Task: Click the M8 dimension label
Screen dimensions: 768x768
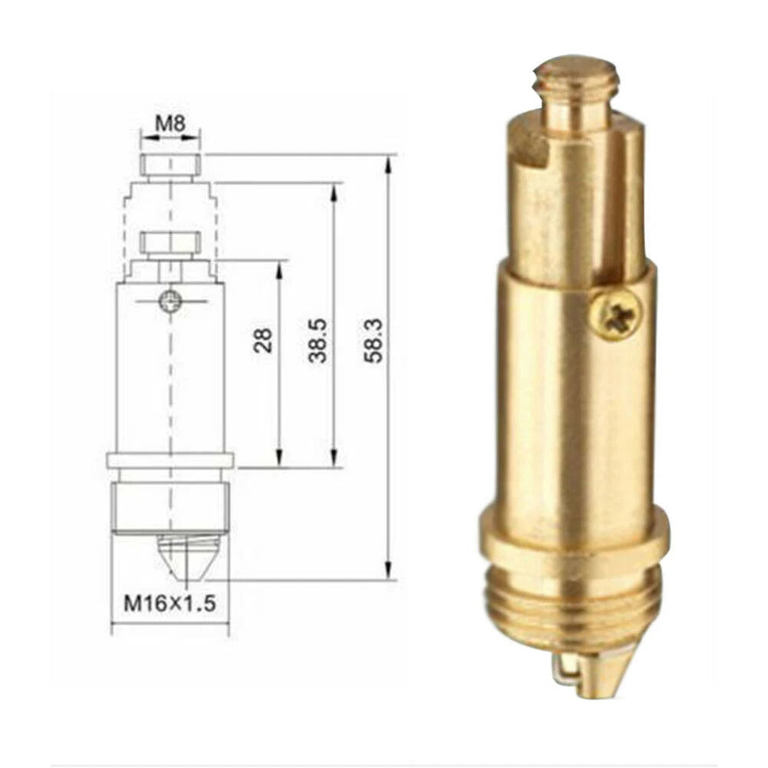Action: (x=170, y=123)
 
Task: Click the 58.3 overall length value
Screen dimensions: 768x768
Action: (x=374, y=340)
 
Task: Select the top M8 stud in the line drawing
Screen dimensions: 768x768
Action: (x=170, y=164)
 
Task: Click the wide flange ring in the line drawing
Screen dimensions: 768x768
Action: (x=170, y=460)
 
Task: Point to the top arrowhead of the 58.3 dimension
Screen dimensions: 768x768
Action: (x=389, y=162)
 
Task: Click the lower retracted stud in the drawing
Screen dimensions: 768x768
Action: (x=170, y=244)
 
